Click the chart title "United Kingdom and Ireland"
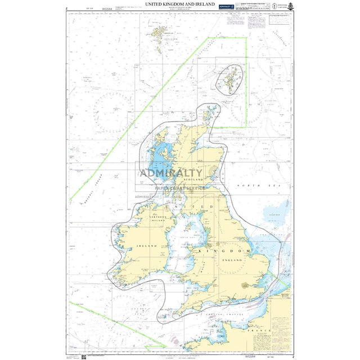(x=180, y=4)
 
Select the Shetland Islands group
(x=231, y=79)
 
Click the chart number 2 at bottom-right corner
(x=292, y=355)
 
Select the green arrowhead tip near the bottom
(x=165, y=346)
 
